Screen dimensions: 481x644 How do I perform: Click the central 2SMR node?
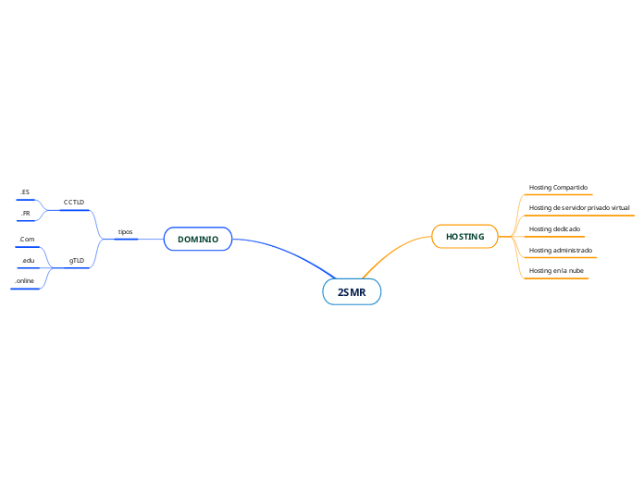tap(352, 292)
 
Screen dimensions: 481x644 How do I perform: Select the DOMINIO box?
tap(198, 239)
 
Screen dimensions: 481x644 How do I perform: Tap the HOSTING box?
tap(464, 237)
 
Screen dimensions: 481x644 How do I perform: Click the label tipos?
tap(125, 231)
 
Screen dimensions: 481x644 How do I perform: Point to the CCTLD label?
tap(74, 202)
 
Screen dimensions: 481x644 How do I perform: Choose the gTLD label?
tap(77, 261)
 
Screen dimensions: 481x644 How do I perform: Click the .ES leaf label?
tap(25, 192)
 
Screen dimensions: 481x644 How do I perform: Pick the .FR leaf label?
tap(26, 213)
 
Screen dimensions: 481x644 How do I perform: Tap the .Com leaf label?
tap(27, 240)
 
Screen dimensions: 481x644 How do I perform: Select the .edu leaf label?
tap(28, 261)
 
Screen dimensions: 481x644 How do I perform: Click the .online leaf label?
tap(25, 280)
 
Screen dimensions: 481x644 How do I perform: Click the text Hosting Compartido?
tap(558, 188)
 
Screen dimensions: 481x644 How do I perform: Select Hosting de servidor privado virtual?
tap(579, 208)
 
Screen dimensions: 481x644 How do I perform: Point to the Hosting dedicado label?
tap(554, 228)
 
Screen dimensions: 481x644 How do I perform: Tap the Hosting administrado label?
tap(560, 250)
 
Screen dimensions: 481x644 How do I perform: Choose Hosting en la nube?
tap(555, 270)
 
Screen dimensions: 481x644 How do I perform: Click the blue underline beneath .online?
tap(25, 289)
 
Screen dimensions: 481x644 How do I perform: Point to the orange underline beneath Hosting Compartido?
tap(558, 195)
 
